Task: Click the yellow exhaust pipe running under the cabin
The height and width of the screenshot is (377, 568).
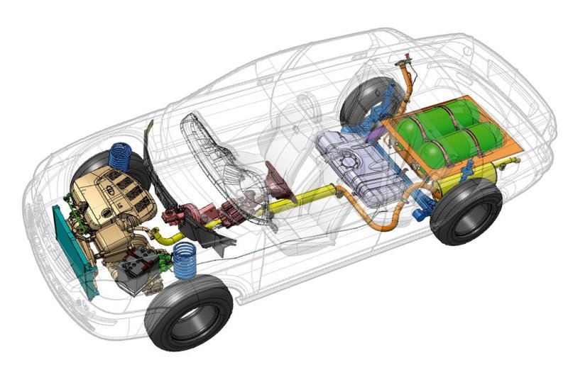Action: click(298, 203)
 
